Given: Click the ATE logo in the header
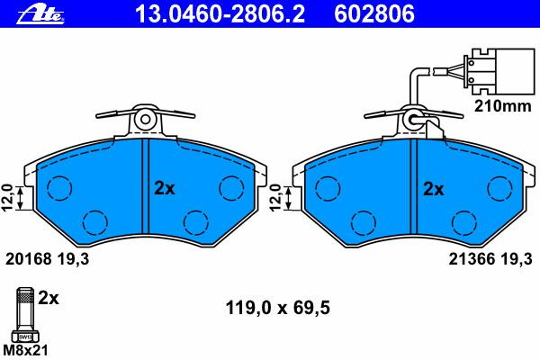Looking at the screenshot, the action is click(40, 15).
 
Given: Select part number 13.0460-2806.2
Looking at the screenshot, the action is click(220, 14).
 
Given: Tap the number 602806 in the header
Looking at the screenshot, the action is click(374, 14).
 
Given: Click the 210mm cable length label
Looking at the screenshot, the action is click(503, 106).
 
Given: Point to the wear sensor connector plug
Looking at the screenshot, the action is click(499, 71).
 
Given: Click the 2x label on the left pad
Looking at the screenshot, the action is click(165, 188).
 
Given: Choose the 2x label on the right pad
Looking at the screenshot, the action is click(433, 189).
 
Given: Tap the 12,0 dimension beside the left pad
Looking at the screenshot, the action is click(7, 197).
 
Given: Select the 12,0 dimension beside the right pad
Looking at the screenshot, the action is click(276, 197).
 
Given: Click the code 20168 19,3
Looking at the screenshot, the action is click(47, 258).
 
